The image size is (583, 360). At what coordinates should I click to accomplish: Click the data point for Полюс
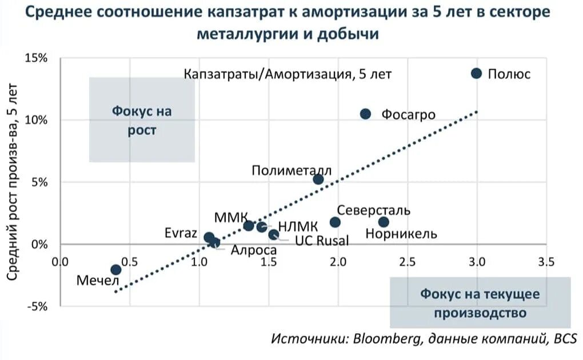click(x=476, y=73)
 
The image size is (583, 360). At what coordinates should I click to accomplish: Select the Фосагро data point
click(x=366, y=114)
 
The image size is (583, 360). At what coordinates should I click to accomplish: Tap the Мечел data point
click(x=115, y=269)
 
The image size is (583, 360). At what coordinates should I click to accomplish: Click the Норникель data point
click(x=384, y=222)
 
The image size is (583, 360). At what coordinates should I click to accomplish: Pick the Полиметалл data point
click(x=318, y=179)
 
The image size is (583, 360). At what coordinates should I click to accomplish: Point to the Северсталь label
click(x=373, y=210)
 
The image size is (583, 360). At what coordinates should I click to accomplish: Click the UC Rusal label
click(x=321, y=240)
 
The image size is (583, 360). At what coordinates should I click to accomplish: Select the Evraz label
click(x=181, y=234)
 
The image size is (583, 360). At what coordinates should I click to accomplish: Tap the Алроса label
click(x=253, y=250)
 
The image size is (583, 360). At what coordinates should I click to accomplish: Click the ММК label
click(x=231, y=217)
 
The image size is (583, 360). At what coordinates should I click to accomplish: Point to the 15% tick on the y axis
click(x=35, y=58)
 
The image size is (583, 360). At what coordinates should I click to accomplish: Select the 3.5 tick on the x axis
click(x=546, y=262)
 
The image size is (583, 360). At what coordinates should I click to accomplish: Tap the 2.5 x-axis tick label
click(x=407, y=262)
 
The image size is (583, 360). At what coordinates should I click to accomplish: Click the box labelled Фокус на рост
click(x=142, y=120)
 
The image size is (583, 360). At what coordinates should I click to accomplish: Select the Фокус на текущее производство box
click(x=480, y=303)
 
